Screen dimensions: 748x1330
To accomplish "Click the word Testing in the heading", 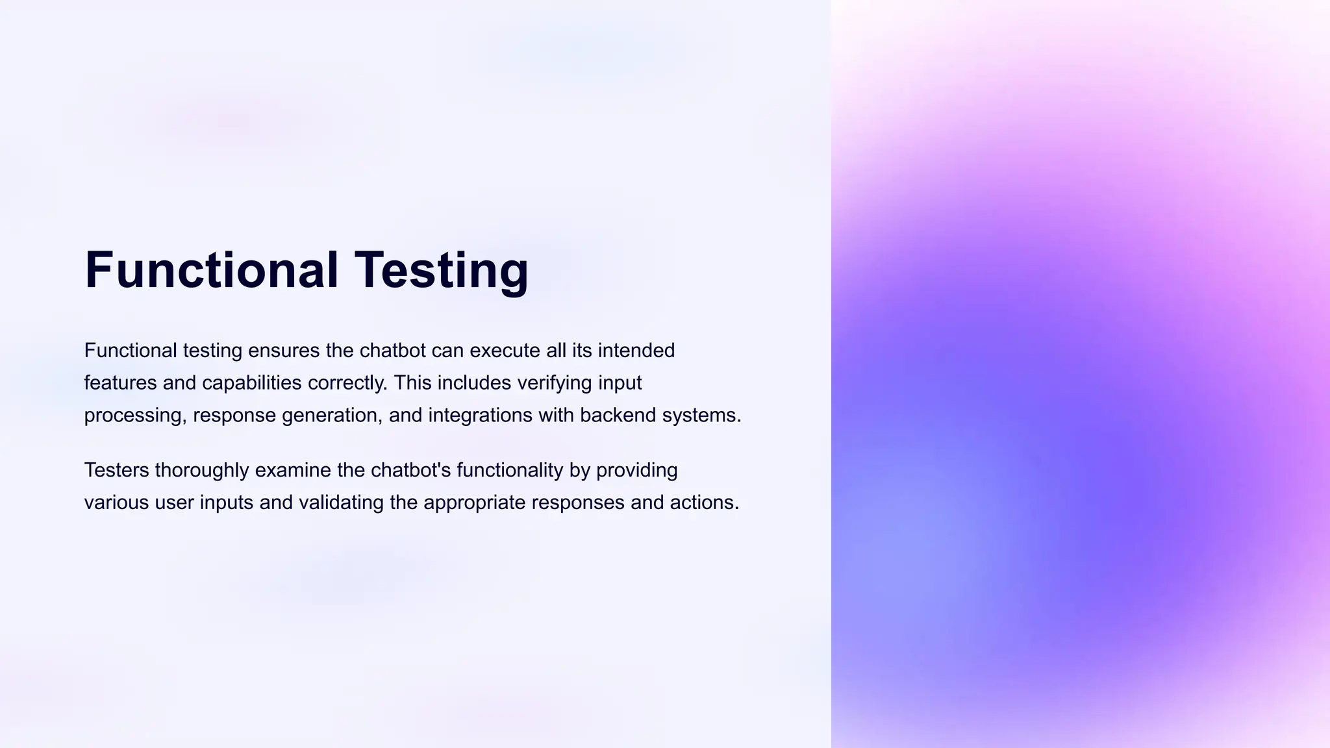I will tap(442, 270).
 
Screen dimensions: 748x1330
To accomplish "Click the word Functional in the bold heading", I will tap(212, 270).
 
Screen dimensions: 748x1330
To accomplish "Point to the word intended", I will tap(636, 351).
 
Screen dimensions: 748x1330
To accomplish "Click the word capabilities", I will tap(252, 383).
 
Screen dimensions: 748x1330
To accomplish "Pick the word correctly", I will tap(347, 383).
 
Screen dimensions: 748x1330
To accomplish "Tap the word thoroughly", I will tap(202, 470).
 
